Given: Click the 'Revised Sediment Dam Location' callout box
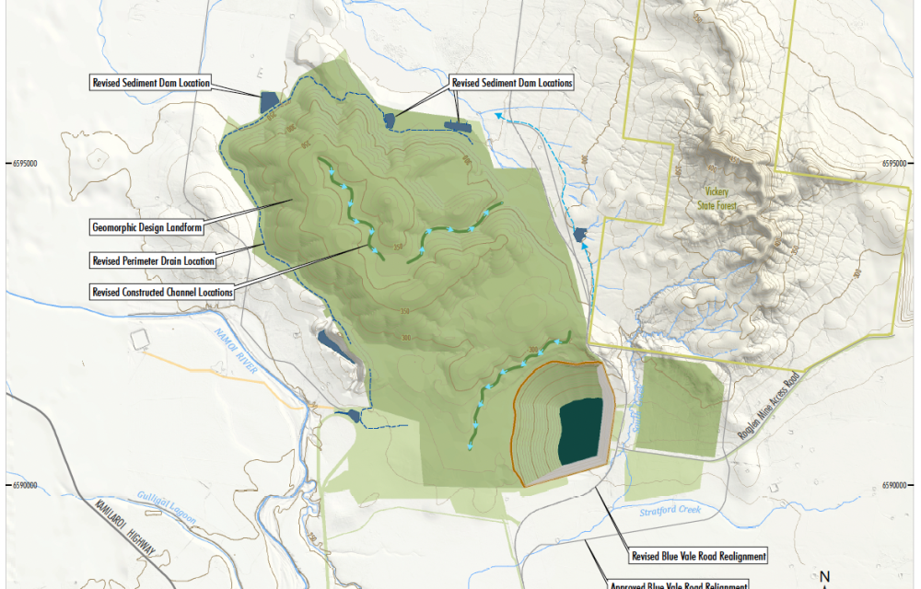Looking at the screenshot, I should [151, 83].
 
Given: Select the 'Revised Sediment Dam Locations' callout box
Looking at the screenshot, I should [511, 83].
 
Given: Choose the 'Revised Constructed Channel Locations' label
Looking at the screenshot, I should [162, 292].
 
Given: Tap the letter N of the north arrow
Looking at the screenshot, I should [825, 577].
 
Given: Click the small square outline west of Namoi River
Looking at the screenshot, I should [139, 339].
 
